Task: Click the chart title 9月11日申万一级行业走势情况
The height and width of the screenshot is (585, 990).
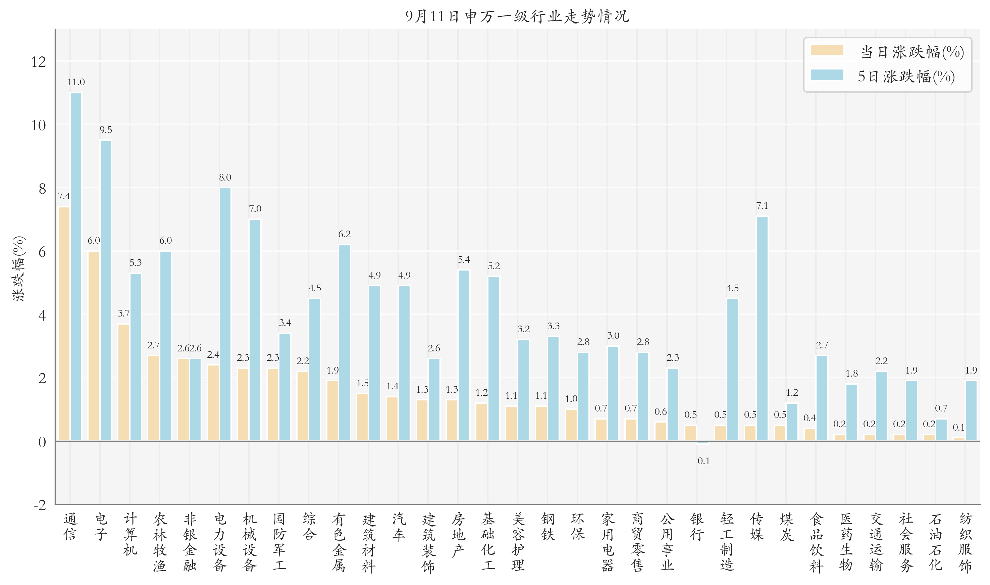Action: [x=517, y=16]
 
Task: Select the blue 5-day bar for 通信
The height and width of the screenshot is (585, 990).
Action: [x=76, y=267]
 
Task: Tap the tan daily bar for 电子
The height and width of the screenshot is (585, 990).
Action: [x=94, y=346]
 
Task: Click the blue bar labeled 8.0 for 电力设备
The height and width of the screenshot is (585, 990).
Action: [x=225, y=314]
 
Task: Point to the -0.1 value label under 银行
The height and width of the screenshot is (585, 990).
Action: [x=702, y=461]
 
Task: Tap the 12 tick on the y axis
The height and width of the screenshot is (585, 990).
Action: [x=39, y=62]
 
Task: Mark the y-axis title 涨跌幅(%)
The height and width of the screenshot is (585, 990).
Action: [x=18, y=269]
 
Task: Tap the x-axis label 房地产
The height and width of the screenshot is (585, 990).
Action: [x=458, y=535]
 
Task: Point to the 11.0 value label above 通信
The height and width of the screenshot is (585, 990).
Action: [x=76, y=82]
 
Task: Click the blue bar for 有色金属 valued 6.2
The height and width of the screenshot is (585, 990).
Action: [x=344, y=343]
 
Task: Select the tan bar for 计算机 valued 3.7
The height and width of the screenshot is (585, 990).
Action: [x=124, y=382]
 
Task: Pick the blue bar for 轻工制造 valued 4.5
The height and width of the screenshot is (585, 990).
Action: [x=732, y=370]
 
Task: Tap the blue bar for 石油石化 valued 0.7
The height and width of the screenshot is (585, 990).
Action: [x=941, y=430]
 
